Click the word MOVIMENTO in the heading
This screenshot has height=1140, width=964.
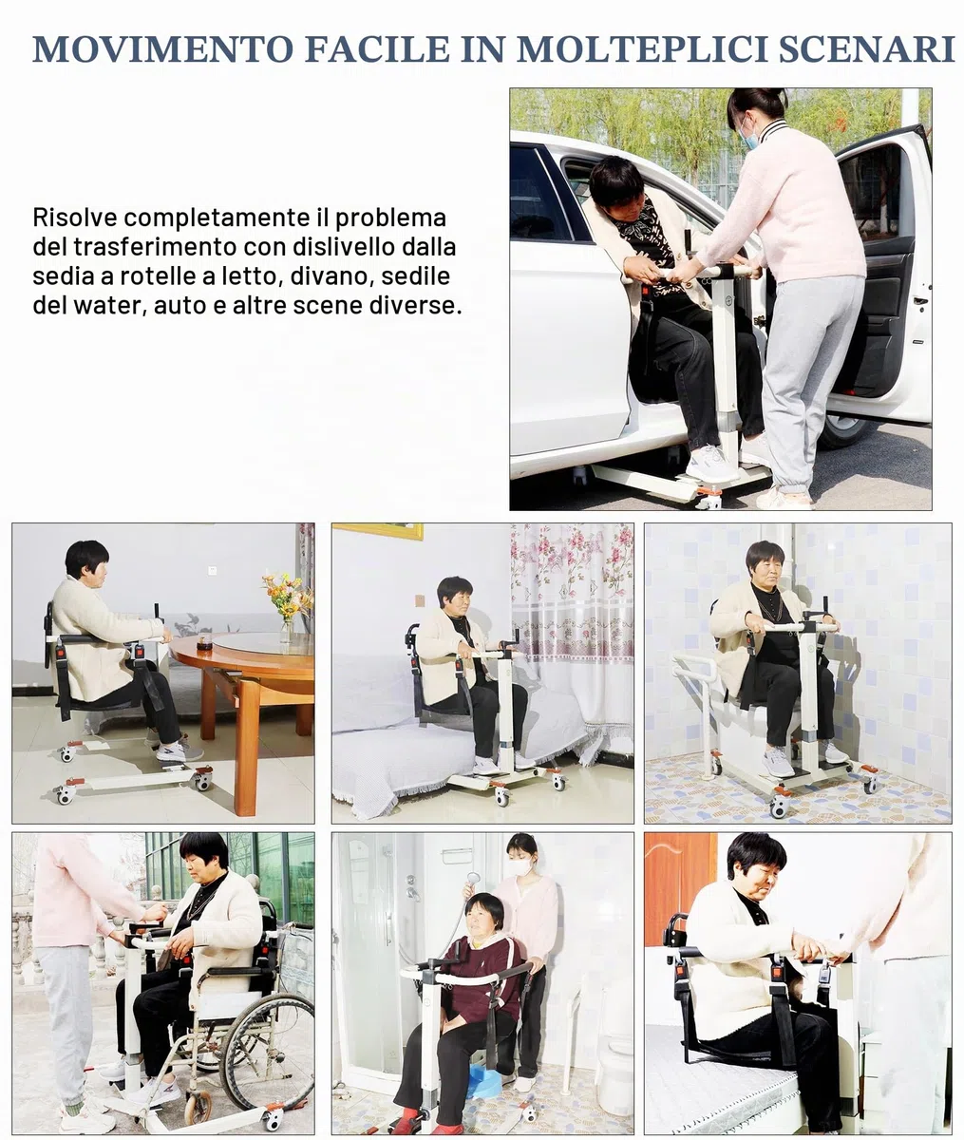(x=162, y=49)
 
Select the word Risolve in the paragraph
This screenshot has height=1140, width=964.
(x=75, y=218)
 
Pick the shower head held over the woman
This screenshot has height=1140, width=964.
(x=473, y=878)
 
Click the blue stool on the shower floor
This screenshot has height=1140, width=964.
(x=484, y=1081)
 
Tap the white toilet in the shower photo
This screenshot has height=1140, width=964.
(x=614, y=1067)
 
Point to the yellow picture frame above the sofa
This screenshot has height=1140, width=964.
(x=378, y=530)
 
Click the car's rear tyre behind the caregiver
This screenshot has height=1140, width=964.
(x=840, y=430)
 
